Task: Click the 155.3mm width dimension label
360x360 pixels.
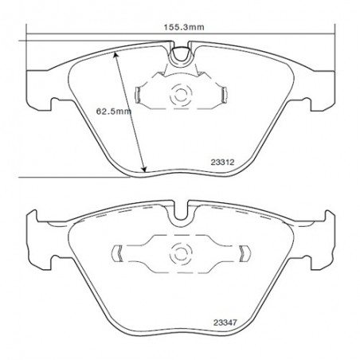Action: pyautogui.click(x=184, y=27)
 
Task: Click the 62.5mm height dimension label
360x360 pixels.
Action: pyautogui.click(x=114, y=111)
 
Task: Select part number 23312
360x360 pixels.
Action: pyautogui.click(x=223, y=162)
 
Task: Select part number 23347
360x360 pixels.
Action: pyautogui.click(x=225, y=323)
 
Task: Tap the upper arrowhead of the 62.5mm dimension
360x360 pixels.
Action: pyautogui.click(x=115, y=55)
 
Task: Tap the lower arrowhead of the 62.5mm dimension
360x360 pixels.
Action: pyautogui.click(x=144, y=169)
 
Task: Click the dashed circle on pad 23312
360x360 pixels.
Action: pyautogui.click(x=181, y=95)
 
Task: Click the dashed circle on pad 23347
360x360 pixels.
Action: pyautogui.click(x=181, y=254)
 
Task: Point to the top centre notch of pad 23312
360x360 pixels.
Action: pyautogui.click(x=181, y=54)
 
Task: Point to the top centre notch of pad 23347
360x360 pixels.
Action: pyautogui.click(x=181, y=211)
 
